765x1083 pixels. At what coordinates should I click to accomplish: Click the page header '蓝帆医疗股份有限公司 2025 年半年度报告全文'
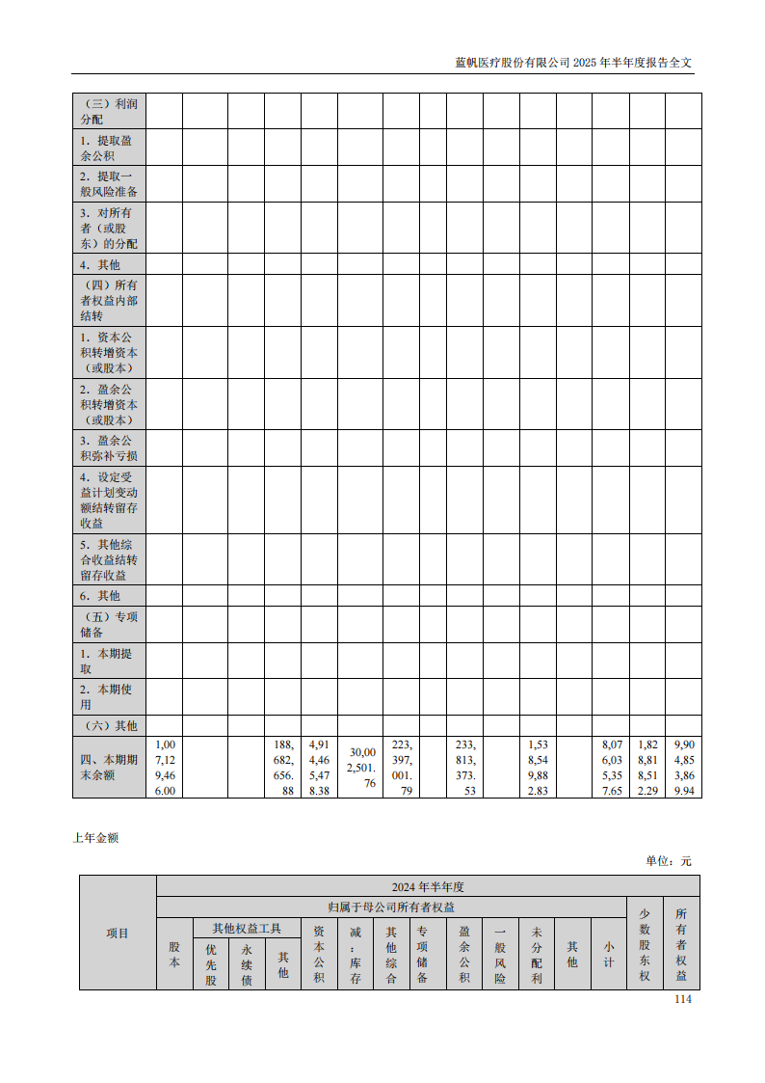(573, 63)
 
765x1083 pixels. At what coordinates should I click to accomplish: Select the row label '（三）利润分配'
(109, 111)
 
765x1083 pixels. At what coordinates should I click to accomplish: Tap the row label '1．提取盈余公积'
(109, 148)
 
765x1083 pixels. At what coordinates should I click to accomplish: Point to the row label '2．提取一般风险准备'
(109, 183)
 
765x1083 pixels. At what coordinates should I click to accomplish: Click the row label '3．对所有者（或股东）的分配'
(109, 228)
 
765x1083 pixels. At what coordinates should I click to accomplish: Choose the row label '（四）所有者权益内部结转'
(109, 301)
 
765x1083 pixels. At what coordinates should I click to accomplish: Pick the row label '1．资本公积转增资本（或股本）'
(109, 352)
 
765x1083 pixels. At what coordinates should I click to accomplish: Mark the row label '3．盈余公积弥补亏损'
(109, 447)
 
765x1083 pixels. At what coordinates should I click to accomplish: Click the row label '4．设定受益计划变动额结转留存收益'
(109, 500)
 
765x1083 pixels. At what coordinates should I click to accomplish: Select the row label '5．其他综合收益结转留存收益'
(109, 559)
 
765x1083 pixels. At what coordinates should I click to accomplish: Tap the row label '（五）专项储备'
(109, 624)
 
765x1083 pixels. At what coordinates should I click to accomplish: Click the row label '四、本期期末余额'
(109, 768)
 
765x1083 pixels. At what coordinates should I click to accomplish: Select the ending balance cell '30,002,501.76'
(360, 768)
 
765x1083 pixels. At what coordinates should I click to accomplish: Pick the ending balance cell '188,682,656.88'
(282, 768)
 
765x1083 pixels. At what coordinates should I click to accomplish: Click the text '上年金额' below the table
(94, 838)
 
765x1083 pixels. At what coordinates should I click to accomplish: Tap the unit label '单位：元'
(669, 861)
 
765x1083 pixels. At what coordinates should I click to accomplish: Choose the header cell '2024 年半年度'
(428, 886)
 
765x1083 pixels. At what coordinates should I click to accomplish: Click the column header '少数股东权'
(645, 944)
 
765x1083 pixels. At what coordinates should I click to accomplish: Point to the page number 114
(683, 999)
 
